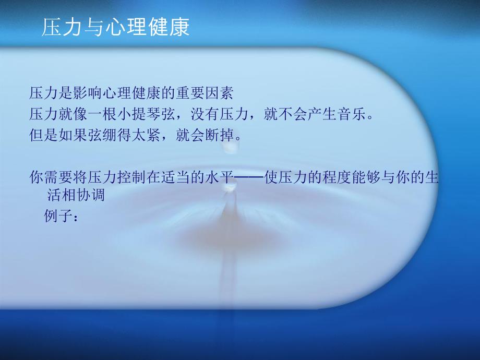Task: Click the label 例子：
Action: coord(62,215)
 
